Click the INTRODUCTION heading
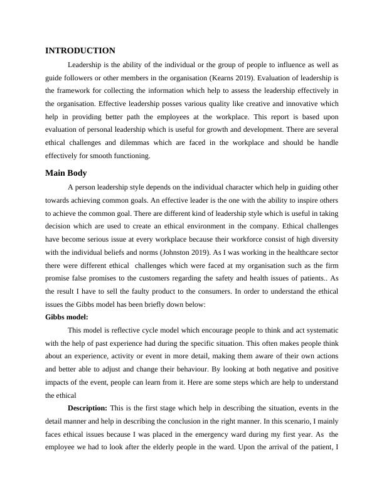click(x=80, y=51)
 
